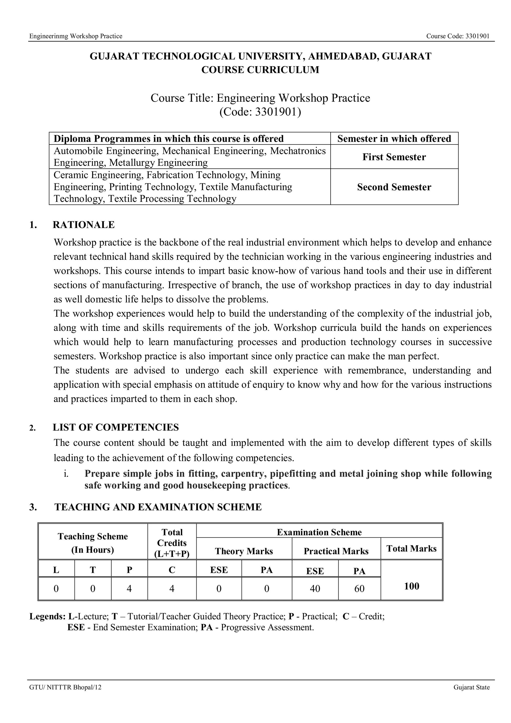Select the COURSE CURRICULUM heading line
coord(260,70)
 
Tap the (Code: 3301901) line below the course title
coord(260,112)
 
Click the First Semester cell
coord(394,157)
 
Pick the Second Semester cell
coord(394,187)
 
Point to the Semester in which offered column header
coord(394,138)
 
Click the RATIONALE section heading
coord(83,225)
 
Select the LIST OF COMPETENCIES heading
coord(116,427)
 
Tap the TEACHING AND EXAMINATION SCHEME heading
coord(158,507)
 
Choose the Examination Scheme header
coord(319,532)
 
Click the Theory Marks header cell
coord(244,551)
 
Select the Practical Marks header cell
coord(336,551)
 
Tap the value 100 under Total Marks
coord(411,586)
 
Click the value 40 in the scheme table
coord(315,589)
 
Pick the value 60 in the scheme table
coord(359,589)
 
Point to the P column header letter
coord(129,570)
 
